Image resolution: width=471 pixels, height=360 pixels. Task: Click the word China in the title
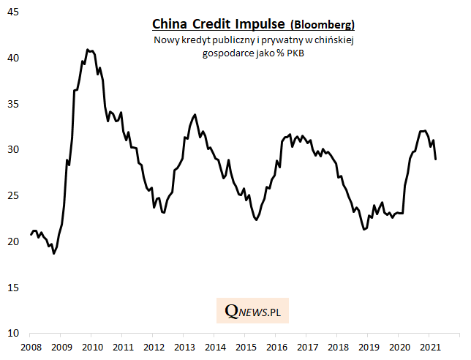[169, 24]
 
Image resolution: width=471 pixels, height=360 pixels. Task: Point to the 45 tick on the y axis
[15, 12]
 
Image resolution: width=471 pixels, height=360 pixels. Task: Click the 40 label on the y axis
[15, 58]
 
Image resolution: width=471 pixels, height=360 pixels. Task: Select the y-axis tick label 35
[15, 104]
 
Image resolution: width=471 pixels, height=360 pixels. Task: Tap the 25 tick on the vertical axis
[15, 195]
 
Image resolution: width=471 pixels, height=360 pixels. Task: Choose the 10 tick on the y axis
[15, 333]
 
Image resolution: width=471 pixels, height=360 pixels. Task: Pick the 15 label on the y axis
[15, 287]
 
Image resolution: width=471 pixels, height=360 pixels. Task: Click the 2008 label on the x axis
[30, 346]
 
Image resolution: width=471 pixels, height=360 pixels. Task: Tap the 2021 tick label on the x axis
[432, 346]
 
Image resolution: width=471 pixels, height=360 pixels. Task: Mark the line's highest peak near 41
[87, 50]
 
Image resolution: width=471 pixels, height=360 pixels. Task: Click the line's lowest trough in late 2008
[53, 253]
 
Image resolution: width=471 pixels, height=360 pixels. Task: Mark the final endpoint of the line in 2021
[436, 159]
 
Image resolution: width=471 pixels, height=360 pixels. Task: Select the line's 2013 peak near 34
[195, 114]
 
